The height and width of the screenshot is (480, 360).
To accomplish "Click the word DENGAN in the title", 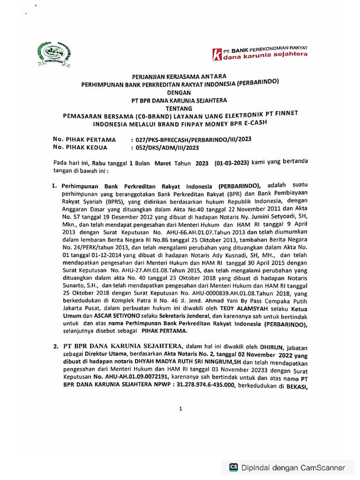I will [x=180, y=93].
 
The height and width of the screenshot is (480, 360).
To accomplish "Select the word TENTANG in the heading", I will [x=180, y=107].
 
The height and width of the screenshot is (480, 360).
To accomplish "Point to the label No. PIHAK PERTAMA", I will [x=84, y=139].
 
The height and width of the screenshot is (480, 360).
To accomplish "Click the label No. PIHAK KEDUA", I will [x=80, y=147].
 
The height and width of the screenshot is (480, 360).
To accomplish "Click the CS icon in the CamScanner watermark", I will [x=233, y=467].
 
